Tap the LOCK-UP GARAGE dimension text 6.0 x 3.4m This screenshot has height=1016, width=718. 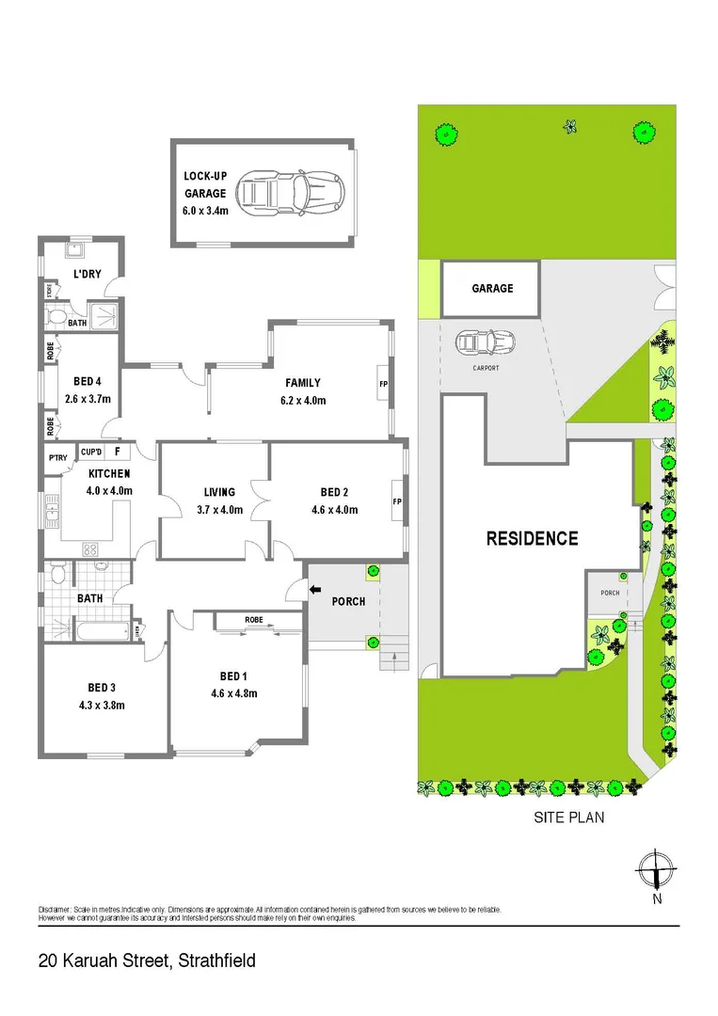205,211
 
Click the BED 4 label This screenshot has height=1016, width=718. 87,381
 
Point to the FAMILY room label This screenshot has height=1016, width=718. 303,383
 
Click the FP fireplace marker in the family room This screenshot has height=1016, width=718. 383,385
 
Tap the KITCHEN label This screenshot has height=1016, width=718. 110,473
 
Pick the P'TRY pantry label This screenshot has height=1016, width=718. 58,458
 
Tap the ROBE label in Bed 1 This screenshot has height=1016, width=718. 253,620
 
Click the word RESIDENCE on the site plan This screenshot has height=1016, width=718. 532,539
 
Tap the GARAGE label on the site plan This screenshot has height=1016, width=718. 492,288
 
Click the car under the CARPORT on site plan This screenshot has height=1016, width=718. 485,341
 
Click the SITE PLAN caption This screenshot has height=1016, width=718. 568,818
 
